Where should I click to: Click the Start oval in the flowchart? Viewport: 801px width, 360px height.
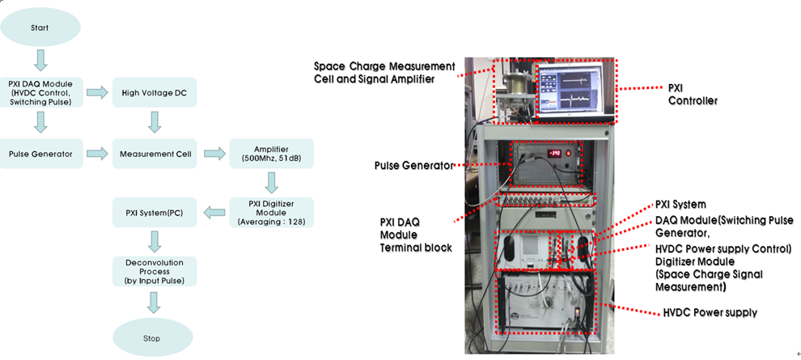40,27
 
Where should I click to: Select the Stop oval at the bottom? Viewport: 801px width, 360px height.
152,337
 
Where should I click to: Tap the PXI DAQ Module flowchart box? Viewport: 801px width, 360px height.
40,93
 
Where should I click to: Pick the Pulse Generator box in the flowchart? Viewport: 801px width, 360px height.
40,154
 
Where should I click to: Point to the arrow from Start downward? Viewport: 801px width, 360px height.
40,60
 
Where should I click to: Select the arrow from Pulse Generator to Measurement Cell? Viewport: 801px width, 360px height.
96,154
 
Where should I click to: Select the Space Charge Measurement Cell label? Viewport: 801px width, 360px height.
384,72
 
